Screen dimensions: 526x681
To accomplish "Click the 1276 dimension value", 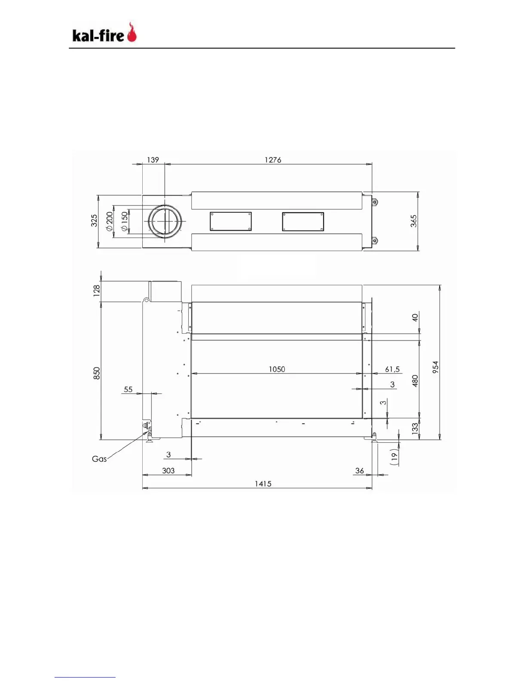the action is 273,160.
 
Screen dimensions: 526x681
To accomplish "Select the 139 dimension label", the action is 153,160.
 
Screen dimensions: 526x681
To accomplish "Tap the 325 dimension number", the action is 94,221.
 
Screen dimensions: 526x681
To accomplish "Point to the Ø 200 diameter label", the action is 109,221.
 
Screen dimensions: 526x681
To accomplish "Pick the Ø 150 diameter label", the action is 124,222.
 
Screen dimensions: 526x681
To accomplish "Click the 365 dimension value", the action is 414,221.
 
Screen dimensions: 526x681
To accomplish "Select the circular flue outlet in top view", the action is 165,221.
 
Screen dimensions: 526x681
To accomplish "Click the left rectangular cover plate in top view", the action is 231,221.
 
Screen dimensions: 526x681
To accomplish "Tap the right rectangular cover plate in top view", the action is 303,221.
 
